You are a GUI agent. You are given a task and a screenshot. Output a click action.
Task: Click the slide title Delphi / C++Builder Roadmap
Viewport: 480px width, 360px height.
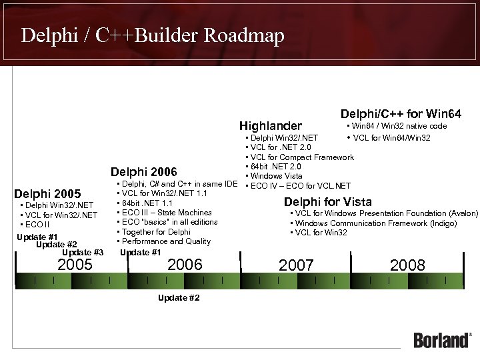pos(153,35)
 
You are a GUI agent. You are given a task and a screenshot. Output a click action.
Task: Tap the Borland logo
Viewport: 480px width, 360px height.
pos(442,339)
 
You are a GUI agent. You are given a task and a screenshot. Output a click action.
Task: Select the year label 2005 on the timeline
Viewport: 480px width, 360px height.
pos(75,265)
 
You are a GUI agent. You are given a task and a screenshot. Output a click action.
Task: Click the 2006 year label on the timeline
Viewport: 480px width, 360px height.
pos(185,265)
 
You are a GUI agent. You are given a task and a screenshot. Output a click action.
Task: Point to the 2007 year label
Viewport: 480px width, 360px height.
pos(296,265)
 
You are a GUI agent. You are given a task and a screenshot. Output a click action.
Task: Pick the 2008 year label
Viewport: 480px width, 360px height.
pos(407,265)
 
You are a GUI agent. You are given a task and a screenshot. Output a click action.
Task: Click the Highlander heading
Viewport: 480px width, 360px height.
pos(271,126)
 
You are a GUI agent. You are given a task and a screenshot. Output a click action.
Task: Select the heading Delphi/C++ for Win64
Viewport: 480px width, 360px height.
pos(401,114)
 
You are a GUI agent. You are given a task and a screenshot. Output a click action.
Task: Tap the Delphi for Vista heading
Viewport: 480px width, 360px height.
pos(328,202)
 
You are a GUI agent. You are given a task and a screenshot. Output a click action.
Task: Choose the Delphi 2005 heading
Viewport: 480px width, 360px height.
pos(47,194)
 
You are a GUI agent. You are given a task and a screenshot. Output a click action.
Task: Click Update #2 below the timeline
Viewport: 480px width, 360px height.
pos(179,297)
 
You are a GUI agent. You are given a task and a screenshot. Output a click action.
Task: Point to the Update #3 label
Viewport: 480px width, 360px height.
pos(83,252)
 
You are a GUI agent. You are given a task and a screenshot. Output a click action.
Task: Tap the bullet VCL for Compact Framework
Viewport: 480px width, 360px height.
pos(302,157)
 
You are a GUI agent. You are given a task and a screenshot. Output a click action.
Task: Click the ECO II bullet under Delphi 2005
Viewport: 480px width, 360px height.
pos(35,225)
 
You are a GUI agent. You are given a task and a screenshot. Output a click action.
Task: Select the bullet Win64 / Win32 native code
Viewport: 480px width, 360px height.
pos(397,125)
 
